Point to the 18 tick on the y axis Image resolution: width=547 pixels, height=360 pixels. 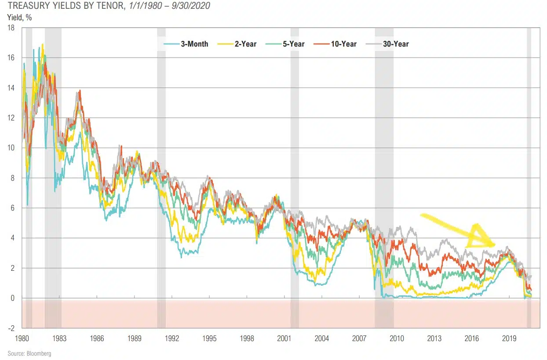(x=11, y=28)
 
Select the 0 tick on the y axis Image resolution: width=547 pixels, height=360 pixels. (x=13, y=298)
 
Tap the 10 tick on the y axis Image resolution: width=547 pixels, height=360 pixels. (x=11, y=148)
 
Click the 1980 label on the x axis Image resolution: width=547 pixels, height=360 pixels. (x=22, y=338)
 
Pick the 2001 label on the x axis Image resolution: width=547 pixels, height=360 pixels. (x=284, y=338)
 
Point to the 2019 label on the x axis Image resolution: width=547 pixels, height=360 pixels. (x=509, y=338)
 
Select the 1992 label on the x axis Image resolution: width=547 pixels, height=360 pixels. (x=172, y=338)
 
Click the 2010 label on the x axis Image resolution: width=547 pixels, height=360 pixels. (x=397, y=338)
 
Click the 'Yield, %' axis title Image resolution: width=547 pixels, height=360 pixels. (x=19, y=18)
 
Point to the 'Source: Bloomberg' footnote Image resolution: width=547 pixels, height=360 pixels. (x=29, y=353)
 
